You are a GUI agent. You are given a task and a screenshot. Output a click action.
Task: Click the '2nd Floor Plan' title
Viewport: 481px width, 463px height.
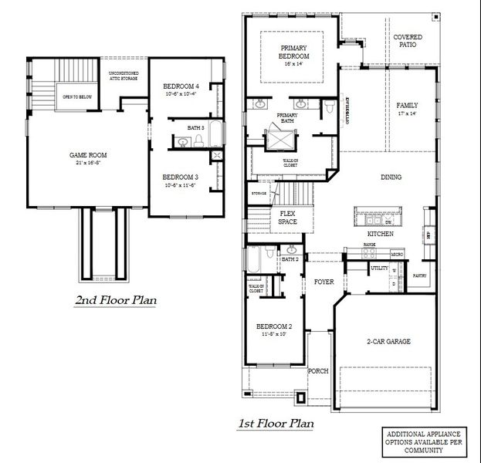pyautogui.click(x=115, y=300)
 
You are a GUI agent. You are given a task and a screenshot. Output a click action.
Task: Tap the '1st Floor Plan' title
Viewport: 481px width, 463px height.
pyautogui.click(x=276, y=423)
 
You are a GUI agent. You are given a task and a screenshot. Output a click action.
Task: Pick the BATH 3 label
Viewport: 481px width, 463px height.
pyautogui.click(x=195, y=127)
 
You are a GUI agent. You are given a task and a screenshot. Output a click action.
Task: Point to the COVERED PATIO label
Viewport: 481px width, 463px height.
pyautogui.click(x=408, y=41)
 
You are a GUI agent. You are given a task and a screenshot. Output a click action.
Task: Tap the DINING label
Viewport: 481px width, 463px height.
pyautogui.click(x=391, y=177)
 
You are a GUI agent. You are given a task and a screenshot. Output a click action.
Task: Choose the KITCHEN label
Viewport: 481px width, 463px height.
pyautogui.click(x=381, y=233)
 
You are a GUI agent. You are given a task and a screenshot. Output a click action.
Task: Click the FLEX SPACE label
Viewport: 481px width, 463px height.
pyautogui.click(x=287, y=218)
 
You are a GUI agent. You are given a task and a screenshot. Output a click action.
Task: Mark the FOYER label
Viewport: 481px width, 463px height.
pyautogui.click(x=324, y=282)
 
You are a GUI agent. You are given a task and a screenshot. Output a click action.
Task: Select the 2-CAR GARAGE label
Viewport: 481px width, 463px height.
pyautogui.click(x=388, y=341)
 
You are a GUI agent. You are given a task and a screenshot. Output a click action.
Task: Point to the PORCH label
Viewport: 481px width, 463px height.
pyautogui.click(x=319, y=371)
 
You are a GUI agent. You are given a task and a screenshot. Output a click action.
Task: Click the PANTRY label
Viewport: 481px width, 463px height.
pyautogui.click(x=420, y=275)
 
